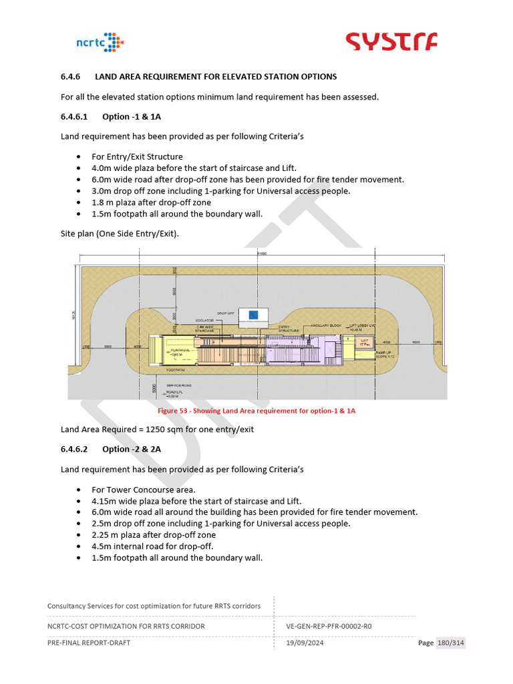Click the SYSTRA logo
[x=391, y=41]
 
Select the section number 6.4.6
[x=70, y=77]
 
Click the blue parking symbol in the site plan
[x=253, y=315]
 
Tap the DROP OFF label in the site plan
[x=226, y=313]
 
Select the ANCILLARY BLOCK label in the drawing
[x=325, y=326]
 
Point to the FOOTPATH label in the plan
[x=176, y=369]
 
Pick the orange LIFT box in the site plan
[x=365, y=341]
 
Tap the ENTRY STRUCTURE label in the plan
[x=289, y=328]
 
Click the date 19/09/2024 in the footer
[x=301, y=643]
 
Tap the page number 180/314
[x=451, y=643]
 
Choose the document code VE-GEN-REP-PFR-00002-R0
[x=329, y=626]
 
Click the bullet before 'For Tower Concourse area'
[x=79, y=490]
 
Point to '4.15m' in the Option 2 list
[x=104, y=501]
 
